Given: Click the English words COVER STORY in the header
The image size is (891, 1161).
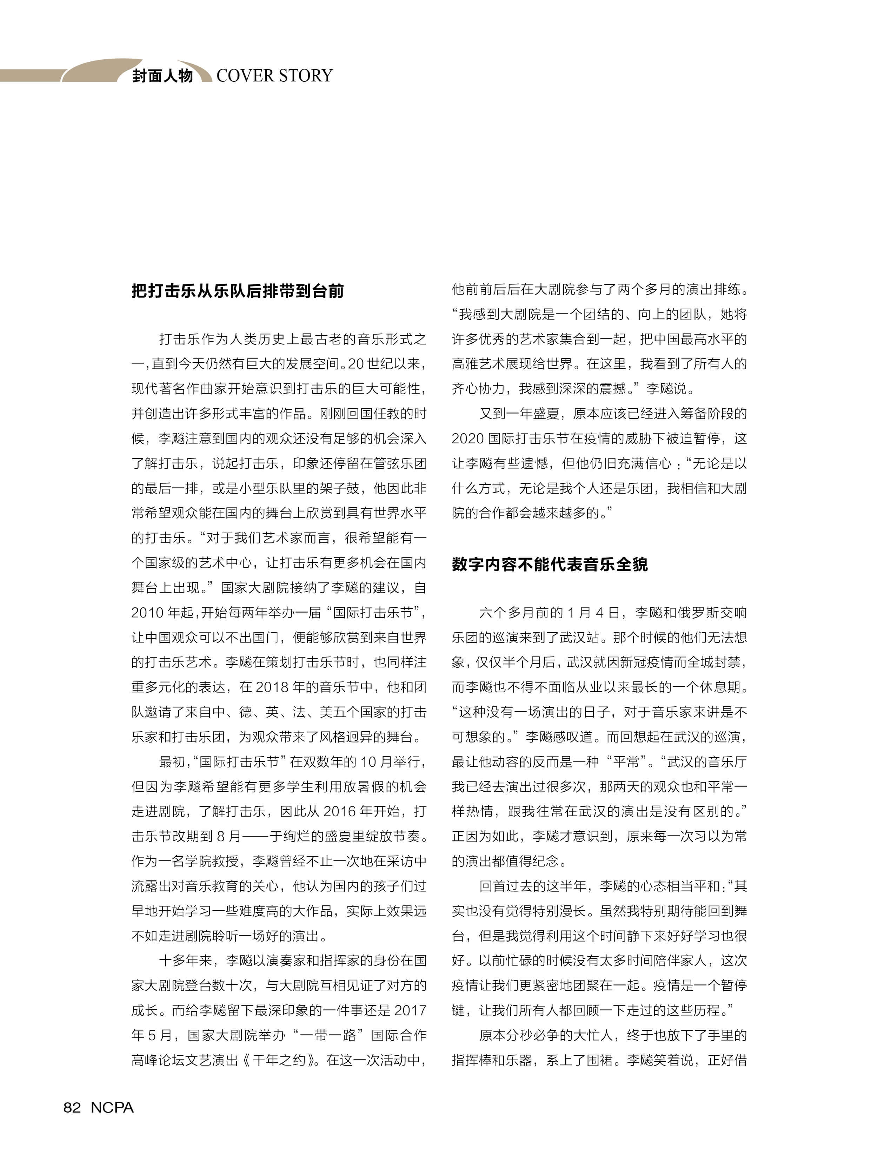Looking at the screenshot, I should tap(274, 76).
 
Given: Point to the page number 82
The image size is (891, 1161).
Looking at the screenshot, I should tap(72, 1107).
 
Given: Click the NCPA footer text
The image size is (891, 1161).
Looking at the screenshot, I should tap(112, 1107).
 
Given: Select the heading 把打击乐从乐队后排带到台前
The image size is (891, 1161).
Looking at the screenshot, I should tap(238, 291).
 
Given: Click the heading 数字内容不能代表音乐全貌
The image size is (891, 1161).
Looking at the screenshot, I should tap(550, 564).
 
